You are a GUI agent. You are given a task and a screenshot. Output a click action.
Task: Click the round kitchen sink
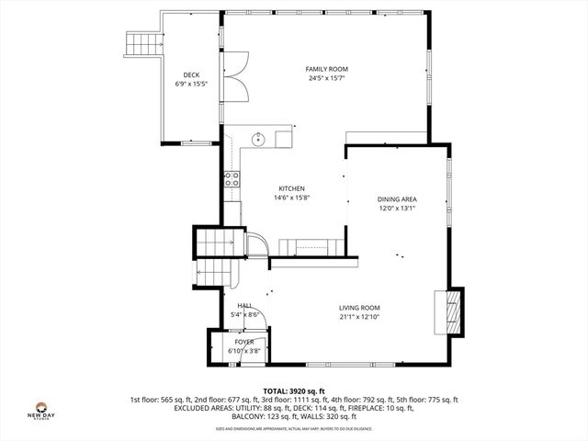pos(259,140)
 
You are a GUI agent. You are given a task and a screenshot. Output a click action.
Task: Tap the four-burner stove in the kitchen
pos(232,178)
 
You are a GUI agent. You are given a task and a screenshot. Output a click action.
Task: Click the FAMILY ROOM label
pos(327,69)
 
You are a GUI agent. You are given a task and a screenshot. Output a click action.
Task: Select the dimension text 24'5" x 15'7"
pos(327,78)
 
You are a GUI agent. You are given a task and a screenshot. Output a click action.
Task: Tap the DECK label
pos(191,75)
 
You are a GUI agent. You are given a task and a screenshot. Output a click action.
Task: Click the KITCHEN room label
pos(292,189)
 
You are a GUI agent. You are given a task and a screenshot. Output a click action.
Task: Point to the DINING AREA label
pos(397,199)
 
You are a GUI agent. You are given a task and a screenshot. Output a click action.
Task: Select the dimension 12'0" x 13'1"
pos(397,208)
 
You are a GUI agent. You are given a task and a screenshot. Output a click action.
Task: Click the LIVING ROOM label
pos(359,308)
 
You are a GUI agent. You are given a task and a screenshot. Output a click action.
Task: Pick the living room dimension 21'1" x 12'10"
pos(359,317)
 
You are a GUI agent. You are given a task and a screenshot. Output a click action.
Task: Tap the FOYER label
pos(243,342)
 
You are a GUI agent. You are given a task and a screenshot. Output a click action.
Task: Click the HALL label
pos(244,306)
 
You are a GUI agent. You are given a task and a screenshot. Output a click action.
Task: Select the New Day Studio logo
pos(40,411)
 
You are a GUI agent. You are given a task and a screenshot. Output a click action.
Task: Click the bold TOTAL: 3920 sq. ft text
pos(294,390)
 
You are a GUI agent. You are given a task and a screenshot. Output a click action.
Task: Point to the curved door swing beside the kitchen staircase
pos(258,243)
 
